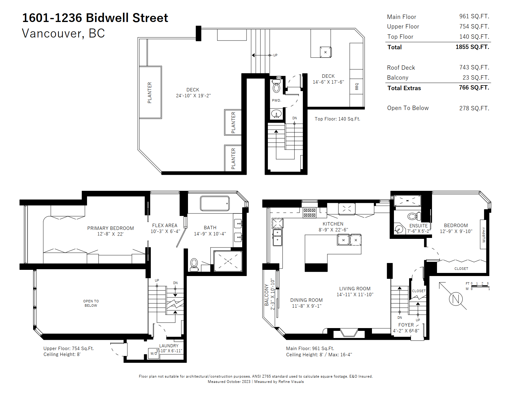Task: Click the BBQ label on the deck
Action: tap(356, 86)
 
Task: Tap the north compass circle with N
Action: tap(456, 299)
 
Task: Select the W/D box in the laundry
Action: tap(154, 353)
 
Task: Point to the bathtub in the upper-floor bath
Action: tap(215, 203)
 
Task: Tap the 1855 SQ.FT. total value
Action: tap(472, 47)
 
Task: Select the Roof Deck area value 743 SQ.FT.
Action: tap(474, 67)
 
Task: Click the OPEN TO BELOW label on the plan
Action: tap(91, 303)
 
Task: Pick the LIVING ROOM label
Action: tap(355, 288)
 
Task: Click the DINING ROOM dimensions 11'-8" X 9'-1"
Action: tap(306, 306)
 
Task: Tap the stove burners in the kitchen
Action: tap(309, 213)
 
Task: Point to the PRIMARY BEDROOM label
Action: tap(111, 228)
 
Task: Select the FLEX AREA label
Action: tap(165, 225)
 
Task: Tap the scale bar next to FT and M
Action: tap(480, 286)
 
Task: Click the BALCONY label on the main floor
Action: tap(266, 295)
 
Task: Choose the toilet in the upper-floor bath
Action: tap(194, 265)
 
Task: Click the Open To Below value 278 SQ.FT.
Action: tap(474, 108)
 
